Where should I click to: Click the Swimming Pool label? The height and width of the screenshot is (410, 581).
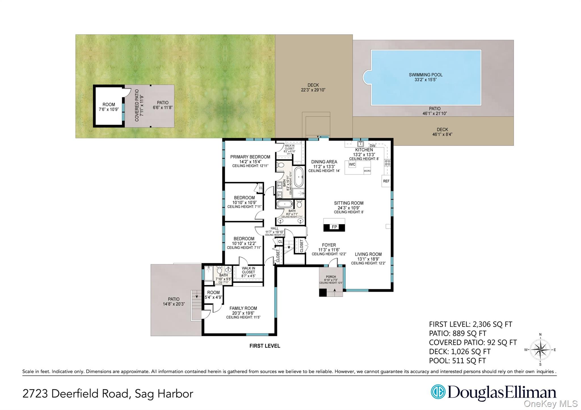click(426, 77)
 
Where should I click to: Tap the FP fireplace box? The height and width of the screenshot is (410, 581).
click(334, 227)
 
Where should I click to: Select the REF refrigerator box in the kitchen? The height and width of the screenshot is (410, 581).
click(386, 181)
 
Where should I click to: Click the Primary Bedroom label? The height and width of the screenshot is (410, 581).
click(250, 161)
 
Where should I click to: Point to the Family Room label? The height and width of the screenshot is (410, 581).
click(243, 312)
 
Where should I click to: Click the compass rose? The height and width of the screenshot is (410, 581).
click(540, 350)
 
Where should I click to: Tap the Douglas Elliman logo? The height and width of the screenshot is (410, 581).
click(493, 393)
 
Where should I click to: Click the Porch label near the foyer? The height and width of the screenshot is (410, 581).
click(331, 279)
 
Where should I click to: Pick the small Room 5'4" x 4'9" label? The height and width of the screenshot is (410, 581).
click(213, 295)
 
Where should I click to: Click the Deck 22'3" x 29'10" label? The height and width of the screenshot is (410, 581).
click(313, 87)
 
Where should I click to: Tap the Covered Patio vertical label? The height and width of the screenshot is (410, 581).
click(137, 105)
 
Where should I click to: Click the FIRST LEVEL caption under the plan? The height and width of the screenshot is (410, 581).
click(265, 346)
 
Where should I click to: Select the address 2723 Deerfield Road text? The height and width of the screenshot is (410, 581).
click(108, 394)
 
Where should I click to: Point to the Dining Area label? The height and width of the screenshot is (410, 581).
click(324, 166)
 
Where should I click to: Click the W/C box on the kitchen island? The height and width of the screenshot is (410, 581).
click(352, 164)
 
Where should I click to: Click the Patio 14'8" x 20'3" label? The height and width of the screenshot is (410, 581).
click(174, 301)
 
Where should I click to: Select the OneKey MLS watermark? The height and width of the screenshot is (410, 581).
click(551, 403)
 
